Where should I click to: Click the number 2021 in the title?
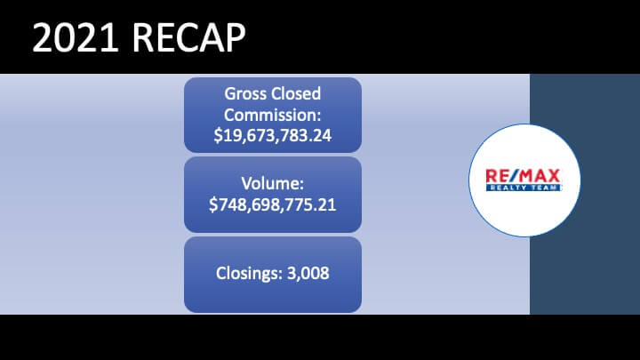coord(76,37)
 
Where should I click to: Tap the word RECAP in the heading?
coord(188,37)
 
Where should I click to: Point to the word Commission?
coord(273,115)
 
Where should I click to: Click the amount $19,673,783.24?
coord(273,136)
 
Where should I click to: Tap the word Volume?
coord(273,184)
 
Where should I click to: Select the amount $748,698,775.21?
coord(273,204)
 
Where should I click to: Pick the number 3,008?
coord(308,274)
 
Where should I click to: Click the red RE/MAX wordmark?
coord(523,176)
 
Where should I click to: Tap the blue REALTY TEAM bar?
coord(524,188)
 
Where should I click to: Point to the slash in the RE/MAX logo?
coord(511,176)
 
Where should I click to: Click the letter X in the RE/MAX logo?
coord(554,176)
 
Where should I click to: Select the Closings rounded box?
coord(273,275)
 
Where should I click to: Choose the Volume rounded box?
coord(273,195)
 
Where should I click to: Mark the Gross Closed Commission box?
coord(273,115)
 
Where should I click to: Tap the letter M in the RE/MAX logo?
coord(524,176)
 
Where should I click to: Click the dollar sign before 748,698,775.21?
coord(213,204)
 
